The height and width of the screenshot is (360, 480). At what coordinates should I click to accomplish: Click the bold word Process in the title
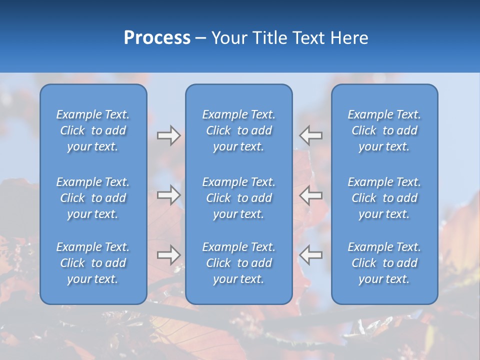pyautogui.click(x=157, y=38)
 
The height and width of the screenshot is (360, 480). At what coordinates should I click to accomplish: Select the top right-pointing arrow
pyautogui.click(x=168, y=135)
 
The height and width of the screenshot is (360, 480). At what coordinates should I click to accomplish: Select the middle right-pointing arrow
pyautogui.click(x=168, y=195)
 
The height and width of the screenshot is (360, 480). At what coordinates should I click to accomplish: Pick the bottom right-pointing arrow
pyautogui.click(x=168, y=255)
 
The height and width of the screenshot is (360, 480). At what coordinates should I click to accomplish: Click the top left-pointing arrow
pyautogui.click(x=310, y=135)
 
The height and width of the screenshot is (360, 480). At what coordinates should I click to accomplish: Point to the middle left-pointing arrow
pyautogui.click(x=310, y=195)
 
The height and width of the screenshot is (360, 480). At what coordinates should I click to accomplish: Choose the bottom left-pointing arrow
pyautogui.click(x=310, y=255)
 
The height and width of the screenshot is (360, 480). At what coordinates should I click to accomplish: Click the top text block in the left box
pyautogui.click(x=93, y=130)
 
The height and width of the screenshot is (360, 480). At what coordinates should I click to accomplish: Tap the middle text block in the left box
pyautogui.click(x=93, y=198)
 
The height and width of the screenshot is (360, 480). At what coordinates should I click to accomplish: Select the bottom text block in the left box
pyautogui.click(x=93, y=263)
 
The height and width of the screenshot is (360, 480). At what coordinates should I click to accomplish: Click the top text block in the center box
pyautogui.click(x=239, y=130)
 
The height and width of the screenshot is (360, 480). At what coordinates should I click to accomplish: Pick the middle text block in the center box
pyautogui.click(x=239, y=198)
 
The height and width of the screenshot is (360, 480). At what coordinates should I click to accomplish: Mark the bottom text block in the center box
pyautogui.click(x=239, y=263)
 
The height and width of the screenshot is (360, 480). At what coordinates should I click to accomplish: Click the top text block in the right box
pyautogui.click(x=384, y=130)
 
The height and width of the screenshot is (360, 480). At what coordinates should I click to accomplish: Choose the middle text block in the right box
pyautogui.click(x=384, y=198)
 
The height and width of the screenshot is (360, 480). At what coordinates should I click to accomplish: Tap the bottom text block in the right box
pyautogui.click(x=384, y=263)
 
